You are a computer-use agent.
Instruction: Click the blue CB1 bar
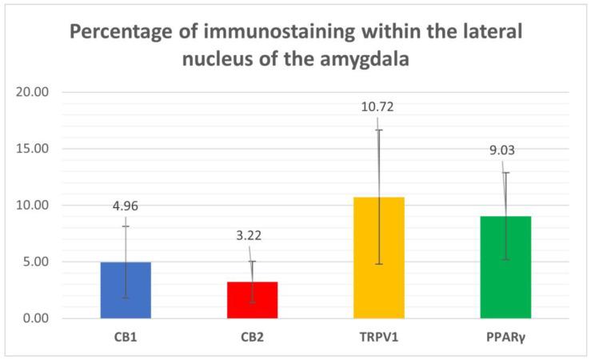tap(126, 290)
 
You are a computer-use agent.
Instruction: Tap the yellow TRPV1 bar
tap(379, 257)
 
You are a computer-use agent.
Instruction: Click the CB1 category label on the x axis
tap(126, 336)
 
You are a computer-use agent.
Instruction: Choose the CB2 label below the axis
tap(252, 336)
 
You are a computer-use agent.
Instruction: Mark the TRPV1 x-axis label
tap(379, 336)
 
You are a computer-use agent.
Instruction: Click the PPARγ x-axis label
tap(505, 336)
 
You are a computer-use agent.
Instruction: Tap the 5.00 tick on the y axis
tap(35, 262)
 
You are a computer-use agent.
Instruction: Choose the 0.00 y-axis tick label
tap(35, 318)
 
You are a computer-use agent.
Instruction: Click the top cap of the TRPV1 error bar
tap(379, 130)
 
